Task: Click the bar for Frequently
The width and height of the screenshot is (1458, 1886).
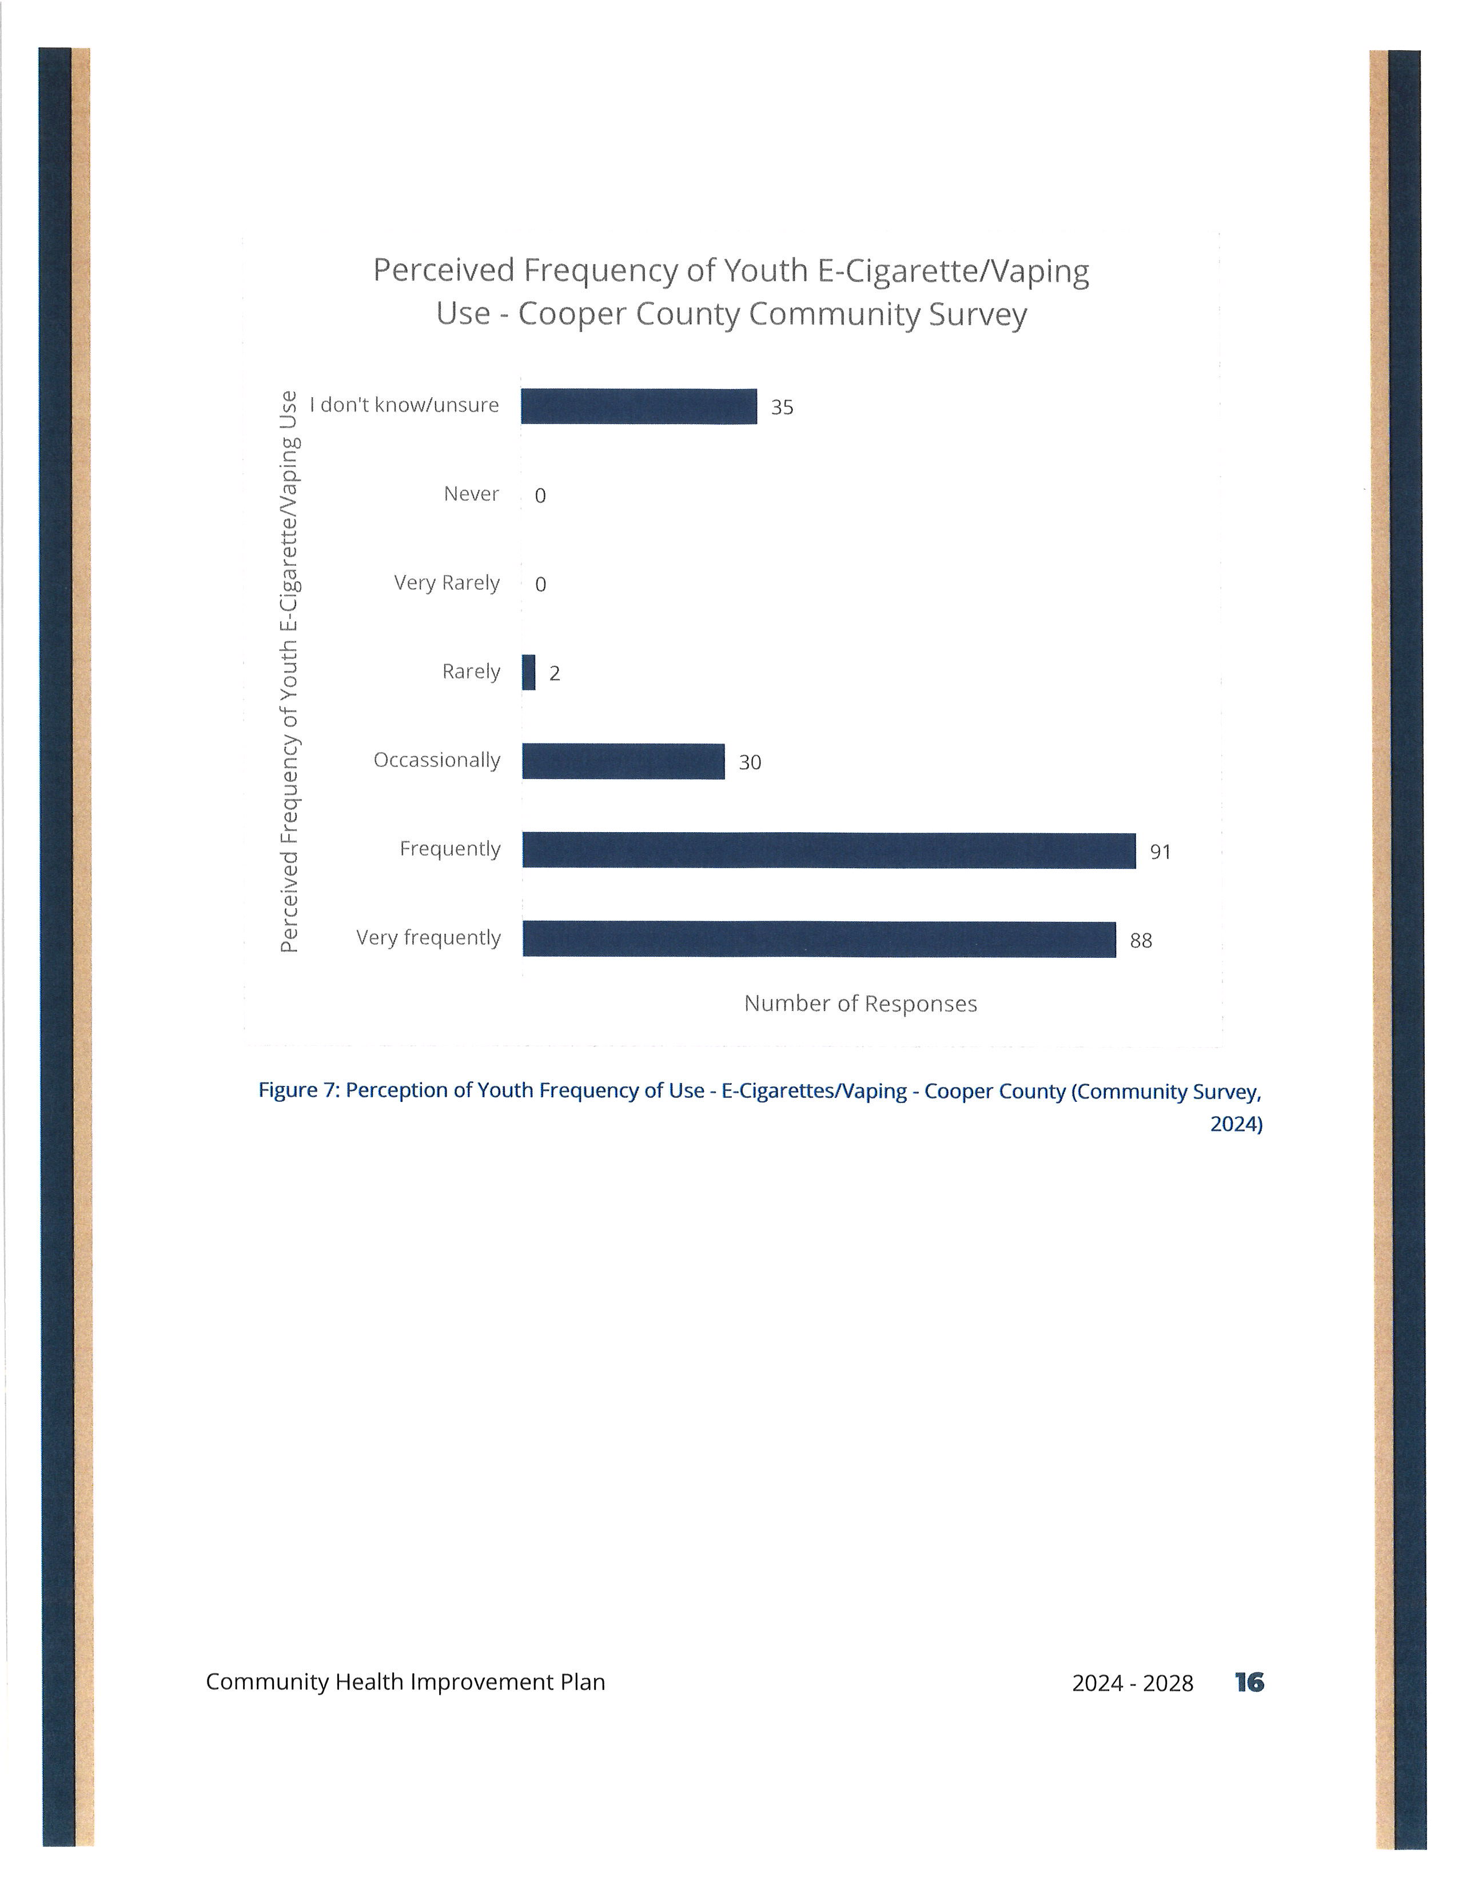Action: coord(829,850)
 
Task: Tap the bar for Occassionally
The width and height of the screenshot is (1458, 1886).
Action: coord(624,762)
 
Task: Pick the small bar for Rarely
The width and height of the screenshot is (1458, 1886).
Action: coord(529,673)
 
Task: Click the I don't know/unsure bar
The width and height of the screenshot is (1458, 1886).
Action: coord(639,407)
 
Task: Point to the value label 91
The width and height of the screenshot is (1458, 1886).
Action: coord(1160,852)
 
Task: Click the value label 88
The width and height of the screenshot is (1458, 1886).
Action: coord(1141,941)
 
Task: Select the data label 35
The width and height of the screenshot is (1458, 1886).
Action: coord(782,407)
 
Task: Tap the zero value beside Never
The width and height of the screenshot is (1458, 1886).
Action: coord(541,496)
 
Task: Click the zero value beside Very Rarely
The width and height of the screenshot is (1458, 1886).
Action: coord(541,585)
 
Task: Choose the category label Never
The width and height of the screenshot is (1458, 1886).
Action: coord(472,494)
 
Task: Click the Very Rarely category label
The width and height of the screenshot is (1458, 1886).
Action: coord(447,584)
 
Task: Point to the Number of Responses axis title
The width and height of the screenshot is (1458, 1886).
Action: coord(861,1004)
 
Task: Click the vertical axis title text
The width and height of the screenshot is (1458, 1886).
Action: coord(289,672)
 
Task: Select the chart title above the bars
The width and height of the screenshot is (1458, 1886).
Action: coord(731,292)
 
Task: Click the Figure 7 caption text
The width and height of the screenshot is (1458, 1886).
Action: coord(760,1107)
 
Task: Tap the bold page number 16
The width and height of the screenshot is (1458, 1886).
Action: coord(1249,1682)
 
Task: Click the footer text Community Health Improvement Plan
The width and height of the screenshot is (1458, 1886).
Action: coord(405,1682)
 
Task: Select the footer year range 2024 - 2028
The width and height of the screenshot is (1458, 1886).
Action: coord(1132,1683)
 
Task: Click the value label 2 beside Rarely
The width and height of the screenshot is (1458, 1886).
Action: coord(555,674)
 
